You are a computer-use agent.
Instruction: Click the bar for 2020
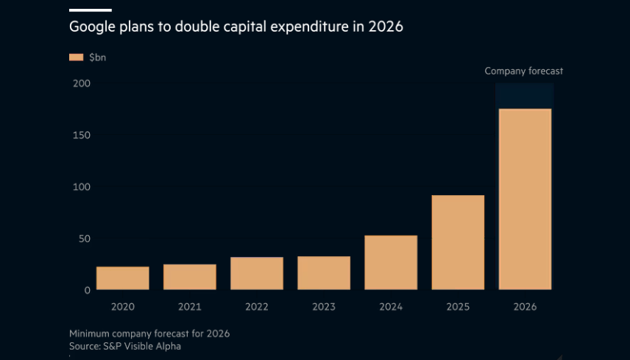(x=122, y=278)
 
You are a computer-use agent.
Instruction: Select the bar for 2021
(x=189, y=277)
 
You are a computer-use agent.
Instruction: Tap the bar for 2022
(x=256, y=273)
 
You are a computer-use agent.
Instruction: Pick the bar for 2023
(x=323, y=273)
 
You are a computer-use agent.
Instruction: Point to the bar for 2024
(x=391, y=263)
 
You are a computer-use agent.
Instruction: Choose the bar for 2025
(x=458, y=242)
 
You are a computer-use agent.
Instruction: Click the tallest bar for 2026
(x=525, y=200)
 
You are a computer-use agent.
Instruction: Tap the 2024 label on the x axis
(x=391, y=307)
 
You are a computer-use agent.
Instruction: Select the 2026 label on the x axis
(x=525, y=307)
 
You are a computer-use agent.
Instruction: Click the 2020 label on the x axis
(x=122, y=307)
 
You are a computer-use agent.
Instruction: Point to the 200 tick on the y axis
(x=81, y=84)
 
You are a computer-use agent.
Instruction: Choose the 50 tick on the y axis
(x=84, y=239)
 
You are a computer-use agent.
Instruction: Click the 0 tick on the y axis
(x=87, y=290)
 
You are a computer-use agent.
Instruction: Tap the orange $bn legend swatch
(x=76, y=57)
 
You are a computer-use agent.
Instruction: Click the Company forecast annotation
(x=523, y=71)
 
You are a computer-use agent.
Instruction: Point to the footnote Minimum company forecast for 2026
(x=149, y=333)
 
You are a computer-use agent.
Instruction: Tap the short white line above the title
(x=90, y=10)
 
